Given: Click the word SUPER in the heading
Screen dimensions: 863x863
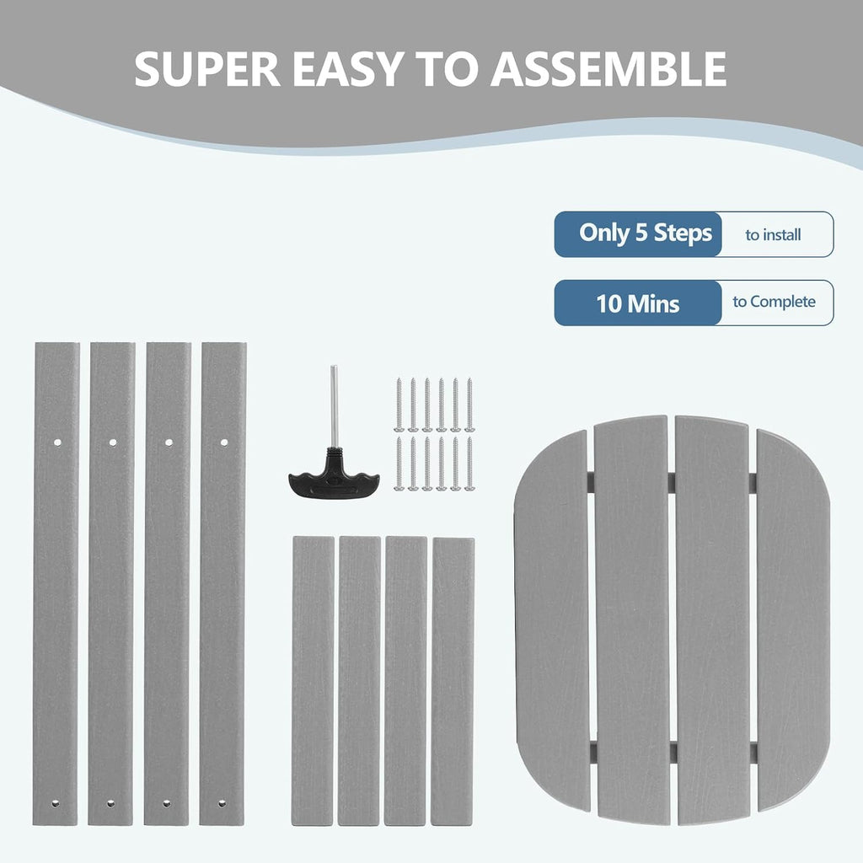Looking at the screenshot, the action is point(207,69).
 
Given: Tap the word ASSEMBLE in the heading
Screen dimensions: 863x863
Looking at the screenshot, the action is point(608,69).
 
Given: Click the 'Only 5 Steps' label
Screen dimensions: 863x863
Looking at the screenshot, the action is point(645,233).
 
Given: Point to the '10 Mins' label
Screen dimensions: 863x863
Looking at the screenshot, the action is point(638,303).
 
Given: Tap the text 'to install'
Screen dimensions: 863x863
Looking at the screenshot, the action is point(773,235).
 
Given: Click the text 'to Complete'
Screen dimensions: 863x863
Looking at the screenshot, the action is point(774,302).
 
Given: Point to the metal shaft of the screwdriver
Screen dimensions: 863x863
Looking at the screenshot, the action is point(334,406).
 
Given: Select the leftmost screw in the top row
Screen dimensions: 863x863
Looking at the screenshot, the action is point(399,405).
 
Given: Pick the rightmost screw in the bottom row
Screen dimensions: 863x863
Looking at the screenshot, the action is point(469,464).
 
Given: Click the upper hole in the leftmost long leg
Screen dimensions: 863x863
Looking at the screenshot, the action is point(57,442).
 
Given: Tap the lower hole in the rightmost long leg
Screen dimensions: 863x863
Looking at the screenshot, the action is point(222,803).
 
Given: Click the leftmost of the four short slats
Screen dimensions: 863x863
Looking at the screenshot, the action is point(313,681).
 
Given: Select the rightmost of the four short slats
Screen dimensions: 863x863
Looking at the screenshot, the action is point(453,681).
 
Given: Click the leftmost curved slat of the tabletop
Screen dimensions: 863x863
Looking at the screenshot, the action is point(552,620).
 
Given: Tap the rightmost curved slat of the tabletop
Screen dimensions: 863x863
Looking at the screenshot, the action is point(793,620).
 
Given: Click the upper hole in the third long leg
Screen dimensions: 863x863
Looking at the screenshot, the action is point(169,442).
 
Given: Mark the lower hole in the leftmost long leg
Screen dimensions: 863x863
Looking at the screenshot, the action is point(55,803).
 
